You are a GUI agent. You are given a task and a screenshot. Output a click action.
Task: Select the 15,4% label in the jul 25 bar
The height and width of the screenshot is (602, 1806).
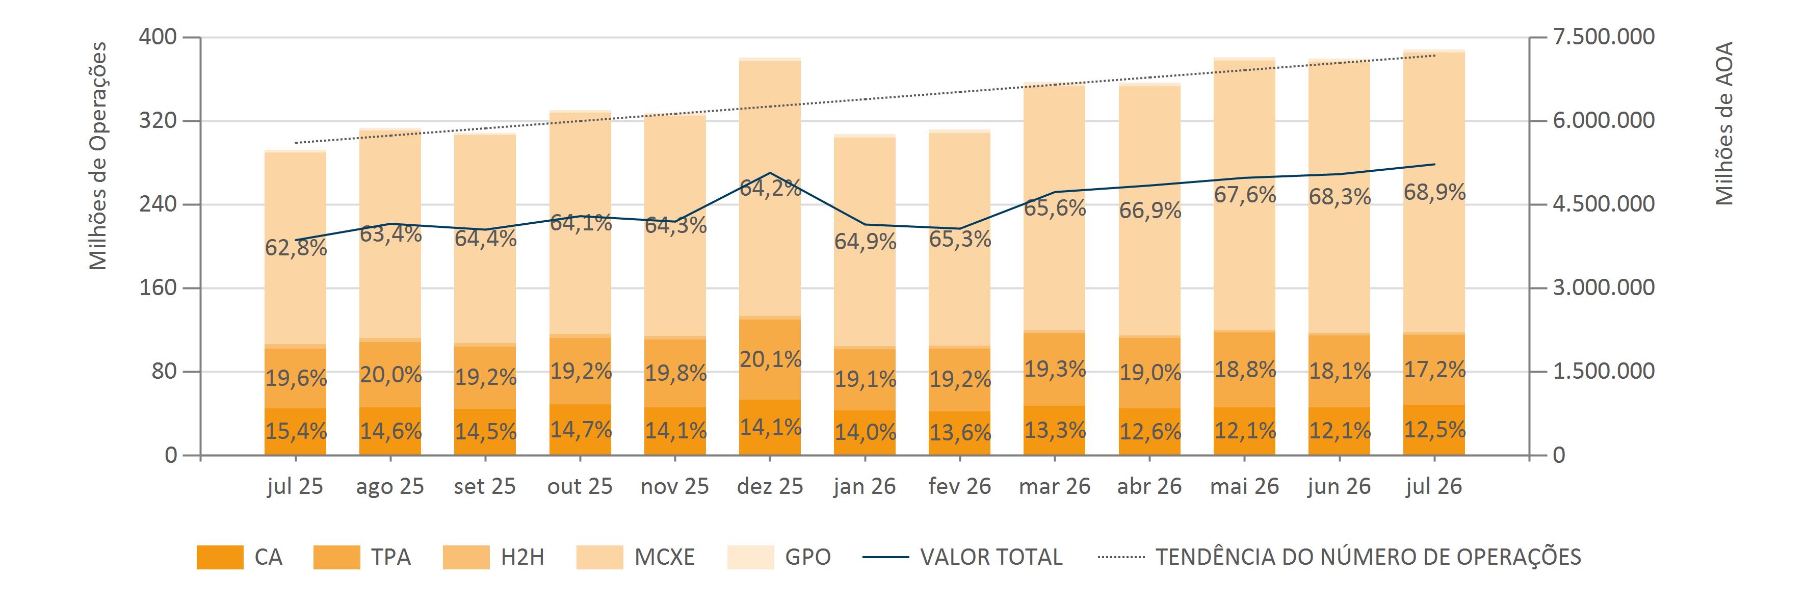[x=296, y=431]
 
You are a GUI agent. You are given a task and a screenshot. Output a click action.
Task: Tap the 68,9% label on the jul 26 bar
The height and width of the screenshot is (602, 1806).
[x=1434, y=192]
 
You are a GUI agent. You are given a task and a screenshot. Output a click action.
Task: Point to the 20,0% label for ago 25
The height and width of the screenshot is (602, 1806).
[x=390, y=375]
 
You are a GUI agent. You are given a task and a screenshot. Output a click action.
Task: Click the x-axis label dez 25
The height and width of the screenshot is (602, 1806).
[x=770, y=486]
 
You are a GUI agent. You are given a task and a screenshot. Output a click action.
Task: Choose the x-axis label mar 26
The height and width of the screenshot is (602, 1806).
[x=1055, y=486]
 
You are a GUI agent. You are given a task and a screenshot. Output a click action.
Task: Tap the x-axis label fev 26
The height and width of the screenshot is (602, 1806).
[x=960, y=486]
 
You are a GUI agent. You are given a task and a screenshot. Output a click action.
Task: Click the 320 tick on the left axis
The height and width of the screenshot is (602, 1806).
[x=159, y=120]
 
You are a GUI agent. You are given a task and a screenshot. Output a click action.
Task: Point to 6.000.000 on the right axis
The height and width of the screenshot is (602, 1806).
[x=1604, y=120]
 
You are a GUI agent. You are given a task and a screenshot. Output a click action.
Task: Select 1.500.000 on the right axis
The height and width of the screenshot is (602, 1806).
[x=1604, y=372]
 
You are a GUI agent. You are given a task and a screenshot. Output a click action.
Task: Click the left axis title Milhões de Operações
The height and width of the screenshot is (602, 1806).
[x=98, y=155]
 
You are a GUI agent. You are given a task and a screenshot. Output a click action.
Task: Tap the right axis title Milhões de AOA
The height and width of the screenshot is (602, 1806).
[x=1724, y=123]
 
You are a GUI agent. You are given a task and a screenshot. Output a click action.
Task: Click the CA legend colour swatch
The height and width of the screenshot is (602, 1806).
[x=220, y=557]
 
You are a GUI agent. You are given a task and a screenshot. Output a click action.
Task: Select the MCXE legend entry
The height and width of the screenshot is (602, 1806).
[x=636, y=557]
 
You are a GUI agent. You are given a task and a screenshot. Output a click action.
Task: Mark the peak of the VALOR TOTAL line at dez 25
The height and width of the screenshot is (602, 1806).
[x=771, y=172]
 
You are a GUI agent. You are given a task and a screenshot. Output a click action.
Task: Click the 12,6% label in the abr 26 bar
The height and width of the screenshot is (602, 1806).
[x=1150, y=431]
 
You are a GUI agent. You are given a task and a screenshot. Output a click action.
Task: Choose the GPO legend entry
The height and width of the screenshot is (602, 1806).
[x=779, y=557]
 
